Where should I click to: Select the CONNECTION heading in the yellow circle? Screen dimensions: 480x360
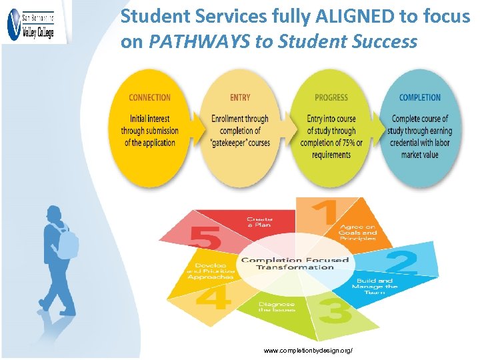point(149,97)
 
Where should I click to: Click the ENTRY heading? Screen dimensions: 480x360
point(240,97)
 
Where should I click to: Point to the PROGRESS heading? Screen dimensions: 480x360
point(331,97)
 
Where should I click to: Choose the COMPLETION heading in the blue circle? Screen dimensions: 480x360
point(420,97)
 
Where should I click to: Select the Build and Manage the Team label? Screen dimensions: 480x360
point(377,287)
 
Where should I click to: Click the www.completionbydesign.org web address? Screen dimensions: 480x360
point(308,350)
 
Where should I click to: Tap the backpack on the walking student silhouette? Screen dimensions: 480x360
point(67,242)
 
